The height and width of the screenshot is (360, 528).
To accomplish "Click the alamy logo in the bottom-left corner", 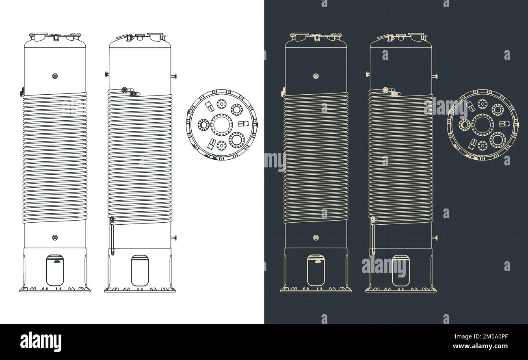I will pyautogui.click(x=41, y=341).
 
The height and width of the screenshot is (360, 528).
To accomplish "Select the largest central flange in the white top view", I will pyautogui.click(x=222, y=125).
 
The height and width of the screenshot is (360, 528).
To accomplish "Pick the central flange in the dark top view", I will pyautogui.click(x=483, y=125).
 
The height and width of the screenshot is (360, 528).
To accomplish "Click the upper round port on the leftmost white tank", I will pyautogui.click(x=55, y=76).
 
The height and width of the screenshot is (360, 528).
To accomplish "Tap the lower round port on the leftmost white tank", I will pyautogui.click(x=55, y=237).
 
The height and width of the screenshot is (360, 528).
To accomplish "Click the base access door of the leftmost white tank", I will pyautogui.click(x=55, y=270).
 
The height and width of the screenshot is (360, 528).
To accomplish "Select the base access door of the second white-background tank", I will pyautogui.click(x=140, y=270).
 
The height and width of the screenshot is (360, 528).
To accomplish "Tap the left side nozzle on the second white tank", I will pyautogui.click(x=107, y=74).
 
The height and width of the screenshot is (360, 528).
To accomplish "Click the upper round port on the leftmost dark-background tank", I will pyautogui.click(x=316, y=76).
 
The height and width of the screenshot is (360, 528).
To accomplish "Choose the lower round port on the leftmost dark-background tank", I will pyautogui.click(x=316, y=237).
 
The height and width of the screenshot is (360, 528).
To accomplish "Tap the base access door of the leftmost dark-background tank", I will pyautogui.click(x=316, y=270).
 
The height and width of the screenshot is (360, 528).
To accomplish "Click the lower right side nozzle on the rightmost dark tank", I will pyautogui.click(x=435, y=238).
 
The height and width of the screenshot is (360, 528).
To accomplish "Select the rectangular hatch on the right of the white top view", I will pyautogui.click(x=243, y=124).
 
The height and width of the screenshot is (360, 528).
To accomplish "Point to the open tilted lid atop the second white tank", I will pyautogui.click(x=124, y=37).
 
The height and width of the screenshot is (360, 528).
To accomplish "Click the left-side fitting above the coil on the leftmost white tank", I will pyautogui.click(x=22, y=93).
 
